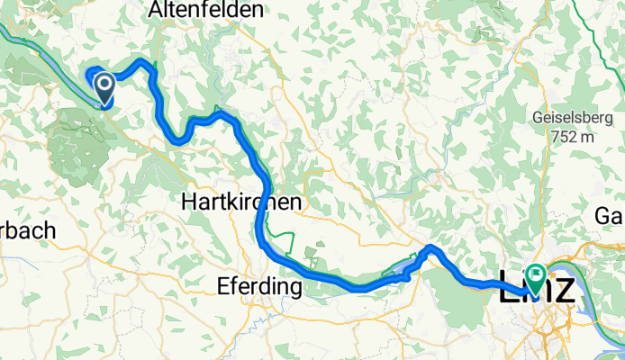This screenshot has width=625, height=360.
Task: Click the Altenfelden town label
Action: [x=207, y=11]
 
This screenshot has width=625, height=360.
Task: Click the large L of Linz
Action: [x=508, y=288]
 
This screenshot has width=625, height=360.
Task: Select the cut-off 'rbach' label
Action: [x=27, y=230]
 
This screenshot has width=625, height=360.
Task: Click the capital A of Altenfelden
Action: [x=158, y=11]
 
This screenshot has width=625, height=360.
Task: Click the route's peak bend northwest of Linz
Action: [x=433, y=247]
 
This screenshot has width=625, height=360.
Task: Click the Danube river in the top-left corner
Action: [x=14, y=34]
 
